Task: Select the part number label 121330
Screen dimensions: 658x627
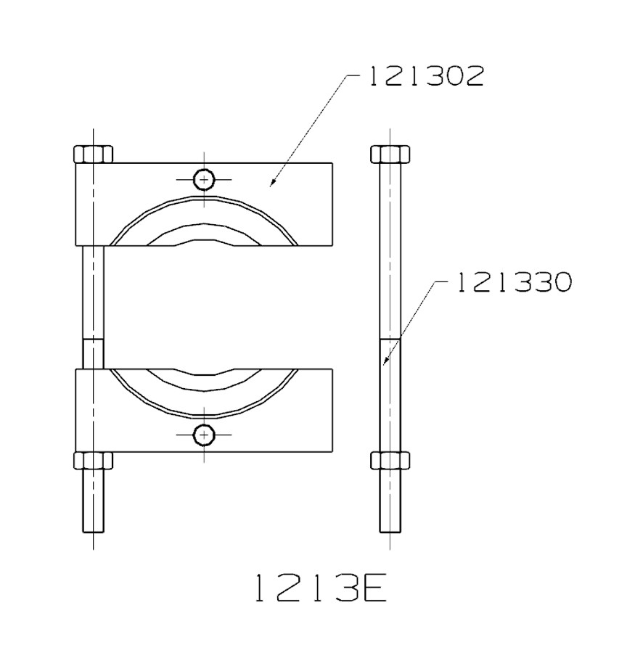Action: pyautogui.click(x=514, y=283)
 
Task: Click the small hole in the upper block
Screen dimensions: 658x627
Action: pyautogui.click(x=205, y=178)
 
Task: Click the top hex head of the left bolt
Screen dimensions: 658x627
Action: pyautogui.click(x=94, y=154)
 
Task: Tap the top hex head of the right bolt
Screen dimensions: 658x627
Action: pyautogui.click(x=390, y=154)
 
